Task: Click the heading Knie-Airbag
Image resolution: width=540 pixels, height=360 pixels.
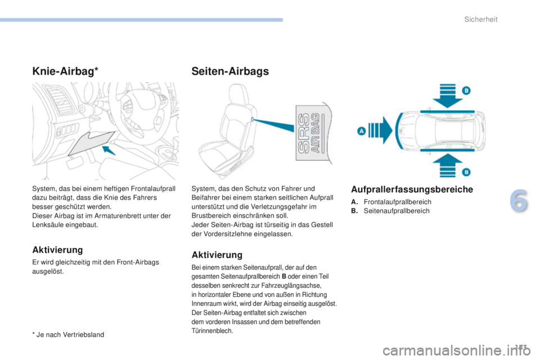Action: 63,71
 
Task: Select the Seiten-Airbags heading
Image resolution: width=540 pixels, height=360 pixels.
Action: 230,71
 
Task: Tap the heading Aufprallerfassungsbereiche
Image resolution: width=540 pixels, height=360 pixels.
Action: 412,190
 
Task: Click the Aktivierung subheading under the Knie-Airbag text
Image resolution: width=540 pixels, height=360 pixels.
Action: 57,249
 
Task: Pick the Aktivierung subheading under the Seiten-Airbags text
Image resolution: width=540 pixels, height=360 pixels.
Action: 217,255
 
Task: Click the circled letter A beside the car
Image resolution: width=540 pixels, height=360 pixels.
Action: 361,130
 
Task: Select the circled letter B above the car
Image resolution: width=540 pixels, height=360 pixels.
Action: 466,91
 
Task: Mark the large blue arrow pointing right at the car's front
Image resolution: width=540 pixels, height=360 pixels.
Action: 381,130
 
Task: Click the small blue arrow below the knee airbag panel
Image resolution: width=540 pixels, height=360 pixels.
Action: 111,150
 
